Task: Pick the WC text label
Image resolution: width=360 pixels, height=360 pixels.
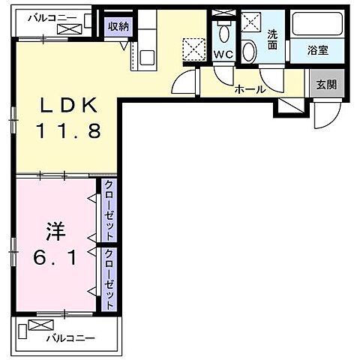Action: (x=223, y=55)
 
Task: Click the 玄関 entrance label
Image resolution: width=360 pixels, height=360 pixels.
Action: (x=325, y=85)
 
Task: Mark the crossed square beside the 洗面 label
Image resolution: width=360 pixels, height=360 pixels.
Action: (x=251, y=20)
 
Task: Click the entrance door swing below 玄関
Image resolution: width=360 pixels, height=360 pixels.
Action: (x=325, y=114)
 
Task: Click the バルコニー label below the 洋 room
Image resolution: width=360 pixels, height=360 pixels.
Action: (x=70, y=338)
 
